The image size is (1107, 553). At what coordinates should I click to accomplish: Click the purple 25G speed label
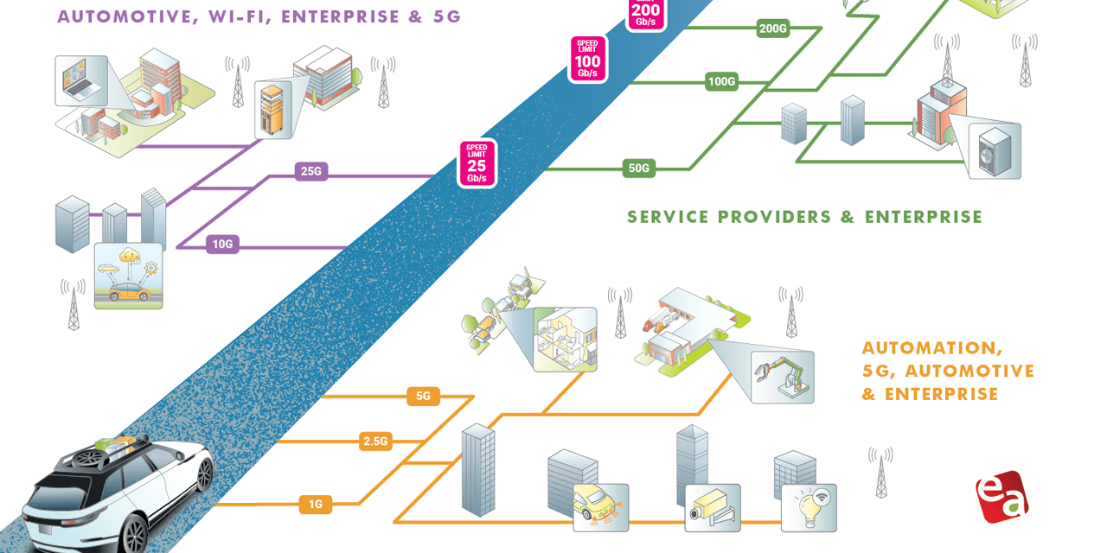pyautogui.click(x=310, y=171)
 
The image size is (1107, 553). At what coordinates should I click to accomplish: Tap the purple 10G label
pyautogui.click(x=223, y=245)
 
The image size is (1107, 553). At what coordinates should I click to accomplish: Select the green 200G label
pyautogui.click(x=772, y=29)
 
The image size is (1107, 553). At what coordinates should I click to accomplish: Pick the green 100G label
pyautogui.click(x=721, y=82)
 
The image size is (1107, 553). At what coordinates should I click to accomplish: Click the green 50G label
pyautogui.click(x=638, y=168)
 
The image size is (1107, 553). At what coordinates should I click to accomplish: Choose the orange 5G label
pyautogui.click(x=423, y=397)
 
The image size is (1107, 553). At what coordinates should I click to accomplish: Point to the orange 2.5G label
pyautogui.click(x=375, y=442)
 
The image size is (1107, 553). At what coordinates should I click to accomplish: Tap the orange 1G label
pyautogui.click(x=316, y=505)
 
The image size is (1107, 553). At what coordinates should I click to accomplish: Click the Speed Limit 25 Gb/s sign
pyautogui.click(x=477, y=163)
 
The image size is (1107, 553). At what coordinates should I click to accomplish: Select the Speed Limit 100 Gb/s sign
pyautogui.click(x=588, y=60)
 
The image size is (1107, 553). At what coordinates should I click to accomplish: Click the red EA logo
pyautogui.click(x=1001, y=497)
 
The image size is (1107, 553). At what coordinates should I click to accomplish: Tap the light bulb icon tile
pyautogui.click(x=809, y=507)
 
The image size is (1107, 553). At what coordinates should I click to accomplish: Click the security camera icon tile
pyautogui.click(x=713, y=507)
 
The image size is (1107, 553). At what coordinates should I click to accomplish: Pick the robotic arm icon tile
pyautogui.click(x=782, y=377)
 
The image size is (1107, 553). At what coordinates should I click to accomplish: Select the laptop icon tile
pyautogui.click(x=81, y=81)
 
